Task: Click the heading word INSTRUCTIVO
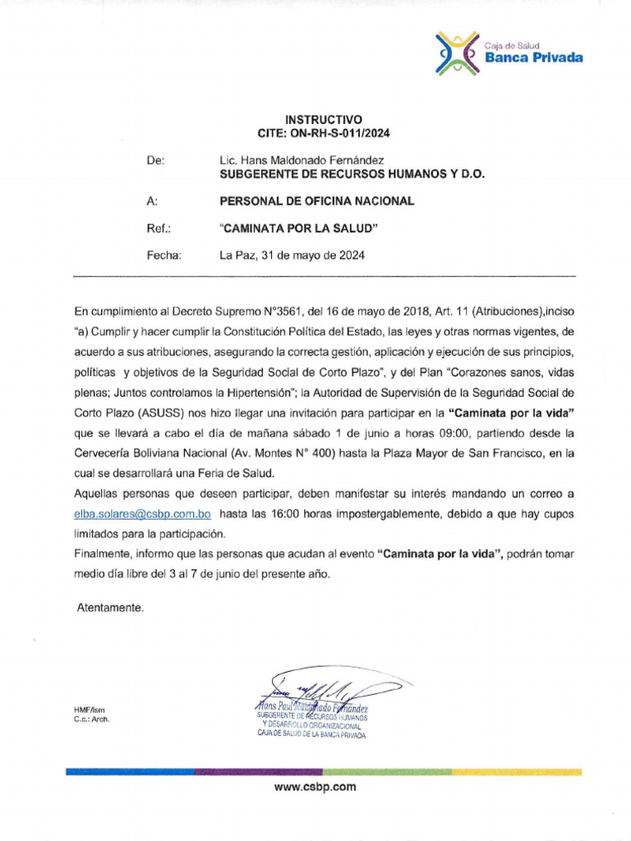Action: tap(323, 120)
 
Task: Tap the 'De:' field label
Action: tap(155, 161)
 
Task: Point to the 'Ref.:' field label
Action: tap(158, 228)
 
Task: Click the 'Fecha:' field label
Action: tap(164, 255)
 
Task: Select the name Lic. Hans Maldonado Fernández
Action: tap(302, 161)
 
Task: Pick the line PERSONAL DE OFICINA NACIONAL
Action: tap(316, 201)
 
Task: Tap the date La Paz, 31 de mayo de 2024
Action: tap(292, 255)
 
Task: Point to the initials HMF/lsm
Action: tap(90, 710)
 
